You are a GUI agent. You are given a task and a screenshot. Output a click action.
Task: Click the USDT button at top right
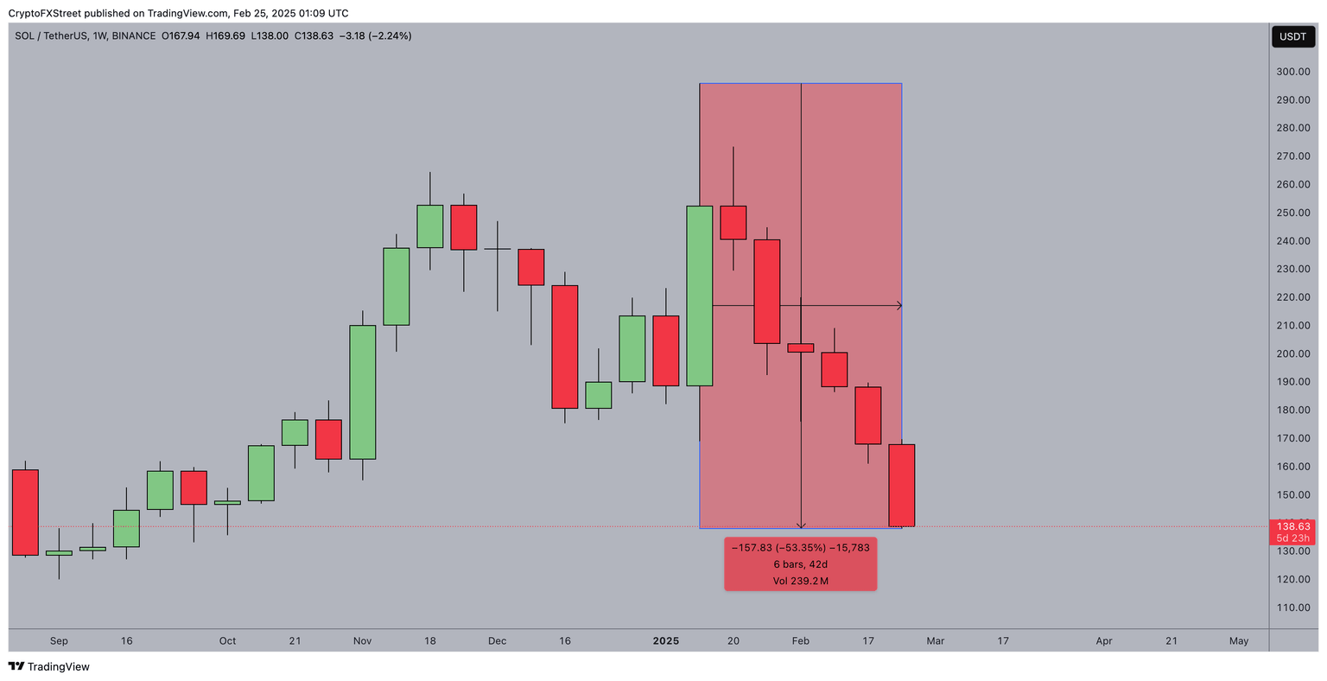(1292, 36)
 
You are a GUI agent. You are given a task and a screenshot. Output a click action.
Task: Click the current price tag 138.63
(1293, 526)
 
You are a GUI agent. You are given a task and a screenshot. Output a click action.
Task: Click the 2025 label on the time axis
(665, 641)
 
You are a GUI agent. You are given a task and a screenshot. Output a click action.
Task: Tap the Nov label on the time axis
(362, 641)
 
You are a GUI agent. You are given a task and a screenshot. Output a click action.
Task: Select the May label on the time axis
(1238, 641)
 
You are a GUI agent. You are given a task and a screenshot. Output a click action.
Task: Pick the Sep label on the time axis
(59, 641)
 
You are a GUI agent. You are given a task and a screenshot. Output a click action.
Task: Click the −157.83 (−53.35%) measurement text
(775, 548)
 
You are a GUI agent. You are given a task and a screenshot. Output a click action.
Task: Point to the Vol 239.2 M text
(800, 581)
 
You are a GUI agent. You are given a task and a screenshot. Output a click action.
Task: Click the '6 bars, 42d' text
(800, 564)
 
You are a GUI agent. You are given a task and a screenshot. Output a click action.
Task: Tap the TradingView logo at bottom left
(48, 666)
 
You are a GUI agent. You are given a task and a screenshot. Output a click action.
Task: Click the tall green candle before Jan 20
(699, 296)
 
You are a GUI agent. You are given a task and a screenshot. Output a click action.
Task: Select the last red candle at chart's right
(901, 485)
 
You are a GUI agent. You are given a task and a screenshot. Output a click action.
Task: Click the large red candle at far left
(25, 512)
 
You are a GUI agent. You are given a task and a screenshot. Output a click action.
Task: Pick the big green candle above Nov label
(362, 391)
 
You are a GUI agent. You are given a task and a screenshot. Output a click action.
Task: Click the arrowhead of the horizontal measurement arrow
(898, 305)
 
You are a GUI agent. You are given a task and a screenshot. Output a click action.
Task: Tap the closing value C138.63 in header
(314, 36)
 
